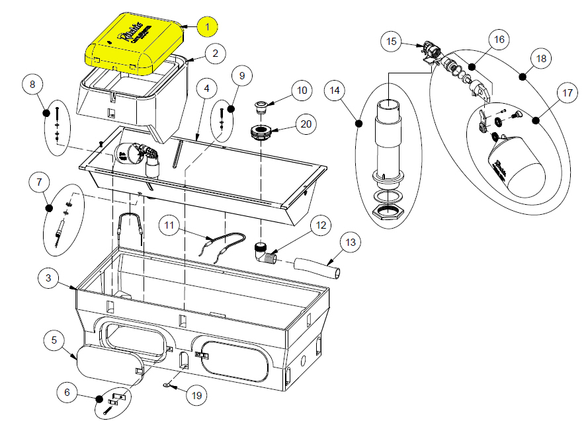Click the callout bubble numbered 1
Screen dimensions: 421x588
[x=207, y=26]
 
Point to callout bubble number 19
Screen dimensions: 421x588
[x=196, y=395]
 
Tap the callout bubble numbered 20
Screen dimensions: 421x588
[x=305, y=124]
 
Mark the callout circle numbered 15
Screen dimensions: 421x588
[x=392, y=42]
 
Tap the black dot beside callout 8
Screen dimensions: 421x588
[x=47, y=112]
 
